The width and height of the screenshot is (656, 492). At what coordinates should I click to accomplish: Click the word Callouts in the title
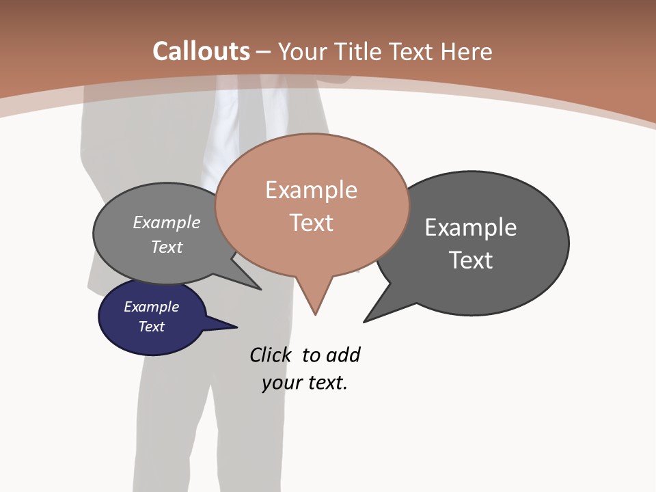tap(201, 51)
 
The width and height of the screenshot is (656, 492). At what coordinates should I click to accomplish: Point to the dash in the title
tap(264, 52)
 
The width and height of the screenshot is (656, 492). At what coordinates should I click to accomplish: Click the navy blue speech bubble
tap(152, 316)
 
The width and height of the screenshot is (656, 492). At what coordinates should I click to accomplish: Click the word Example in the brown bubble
tap(311, 190)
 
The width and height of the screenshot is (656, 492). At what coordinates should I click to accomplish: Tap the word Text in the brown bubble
tap(311, 223)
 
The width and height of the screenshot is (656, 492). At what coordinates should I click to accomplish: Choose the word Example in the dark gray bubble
tap(470, 228)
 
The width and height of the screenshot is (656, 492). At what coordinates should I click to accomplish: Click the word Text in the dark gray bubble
tap(470, 260)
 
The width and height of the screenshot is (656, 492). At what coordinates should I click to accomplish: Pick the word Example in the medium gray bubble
tap(167, 223)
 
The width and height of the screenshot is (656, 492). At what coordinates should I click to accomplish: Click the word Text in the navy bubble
tap(151, 327)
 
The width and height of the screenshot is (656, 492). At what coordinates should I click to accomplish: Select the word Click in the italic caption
tap(271, 355)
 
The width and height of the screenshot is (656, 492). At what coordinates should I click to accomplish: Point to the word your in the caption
tap(281, 383)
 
